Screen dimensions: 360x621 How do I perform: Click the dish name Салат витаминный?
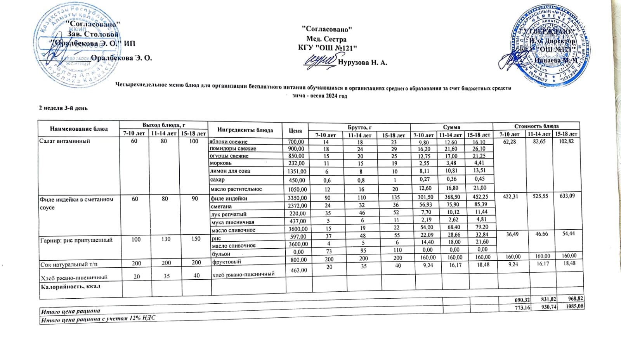(x=65, y=141)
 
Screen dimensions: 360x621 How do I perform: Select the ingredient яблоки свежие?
(x=229, y=142)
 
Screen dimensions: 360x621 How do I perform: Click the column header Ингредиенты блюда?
(x=245, y=130)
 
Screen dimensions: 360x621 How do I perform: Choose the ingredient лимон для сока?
(x=230, y=171)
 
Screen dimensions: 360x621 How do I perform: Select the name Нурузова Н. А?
(x=363, y=62)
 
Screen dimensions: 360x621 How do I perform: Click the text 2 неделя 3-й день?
(x=63, y=108)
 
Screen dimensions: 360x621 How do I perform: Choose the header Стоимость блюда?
(x=536, y=126)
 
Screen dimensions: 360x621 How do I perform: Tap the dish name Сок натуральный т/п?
(x=69, y=265)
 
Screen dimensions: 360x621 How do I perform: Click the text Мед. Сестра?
(x=326, y=39)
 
